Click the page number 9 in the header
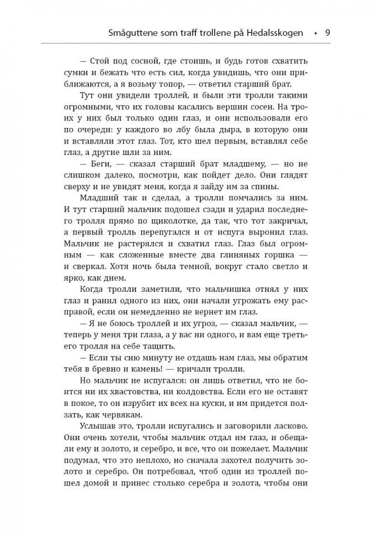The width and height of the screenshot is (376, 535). click(327, 33)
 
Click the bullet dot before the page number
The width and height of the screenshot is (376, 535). click(315, 33)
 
